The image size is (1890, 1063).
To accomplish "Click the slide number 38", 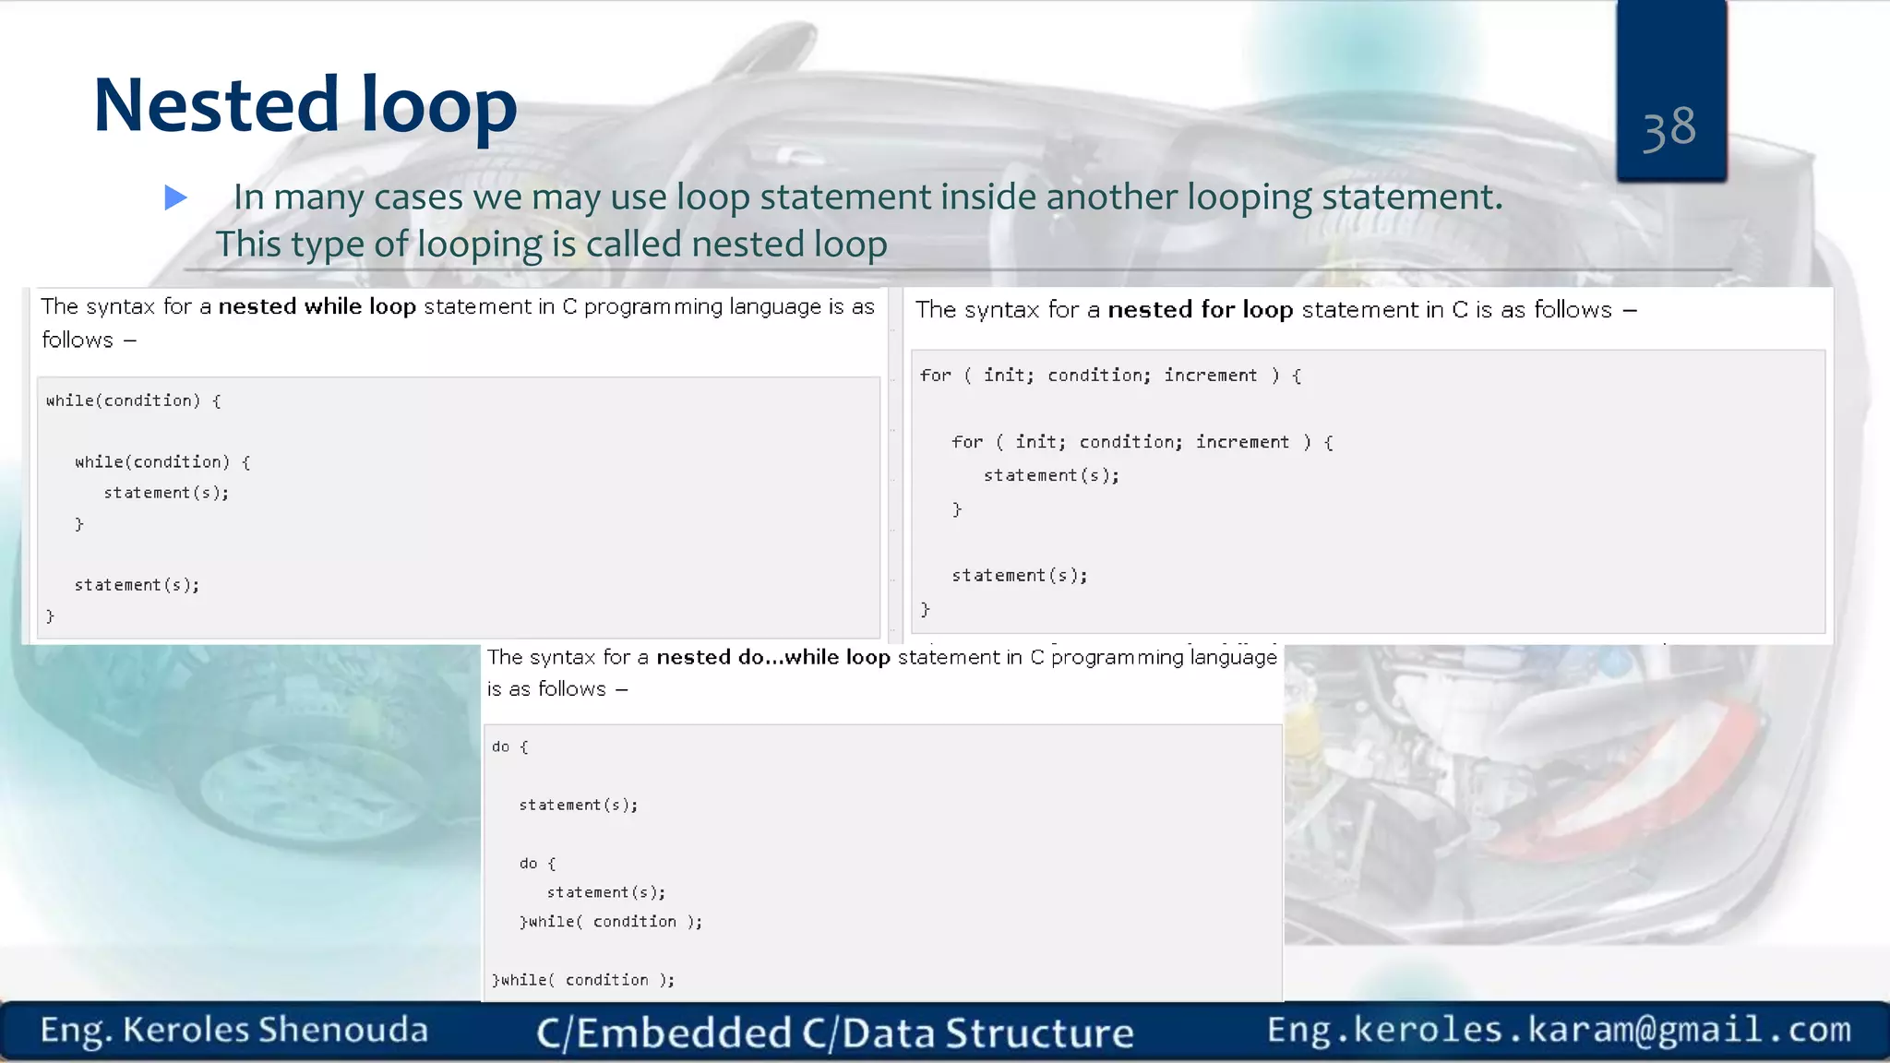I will coord(1669,128).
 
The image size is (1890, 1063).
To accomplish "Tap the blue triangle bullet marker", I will coord(175,197).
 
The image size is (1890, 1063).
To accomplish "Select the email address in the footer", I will coord(1558,1029).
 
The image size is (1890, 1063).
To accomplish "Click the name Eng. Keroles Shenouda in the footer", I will coord(233,1030).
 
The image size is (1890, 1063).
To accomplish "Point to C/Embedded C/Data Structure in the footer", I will coord(834,1033).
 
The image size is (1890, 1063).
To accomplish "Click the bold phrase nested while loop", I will coord(317,306).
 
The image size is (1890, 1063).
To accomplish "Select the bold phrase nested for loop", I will coord(1200,310).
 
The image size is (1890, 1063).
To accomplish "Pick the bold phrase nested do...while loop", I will coord(772,657).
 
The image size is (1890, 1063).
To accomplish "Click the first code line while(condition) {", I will coord(133,400).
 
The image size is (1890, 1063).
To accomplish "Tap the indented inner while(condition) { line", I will coord(162,461).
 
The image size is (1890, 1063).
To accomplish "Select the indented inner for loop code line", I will coord(1142,442).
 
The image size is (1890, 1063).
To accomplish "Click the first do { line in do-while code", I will coord(509,746).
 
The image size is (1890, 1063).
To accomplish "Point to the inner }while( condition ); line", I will coord(611,922).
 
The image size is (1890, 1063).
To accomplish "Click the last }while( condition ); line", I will coord(583,980).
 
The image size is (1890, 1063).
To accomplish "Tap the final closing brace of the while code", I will coord(50,615).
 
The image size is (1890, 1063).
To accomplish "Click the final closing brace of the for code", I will coord(925,609).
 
